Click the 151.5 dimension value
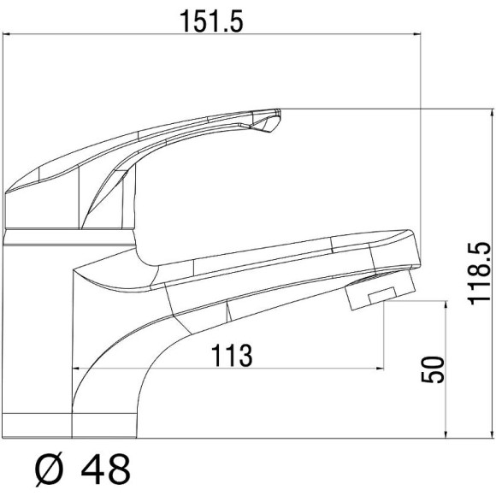tap(211, 21)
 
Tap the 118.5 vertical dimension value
tap(480, 274)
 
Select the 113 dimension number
tap(232, 356)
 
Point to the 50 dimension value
tap(433, 369)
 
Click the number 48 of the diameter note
tap(106, 469)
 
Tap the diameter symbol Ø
tap(49, 469)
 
